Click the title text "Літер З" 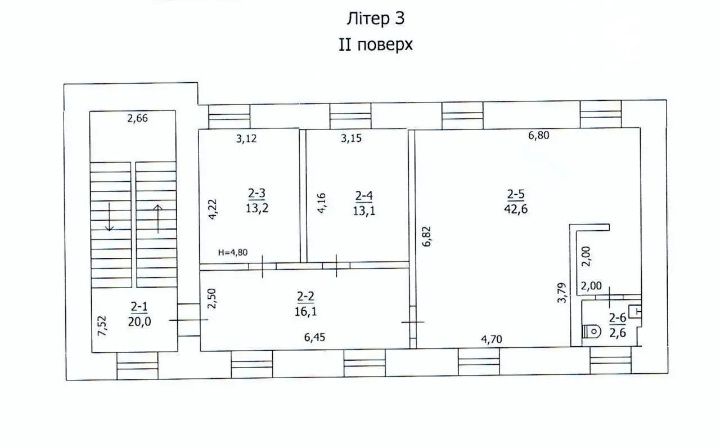pos(375,19)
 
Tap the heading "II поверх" pos(375,44)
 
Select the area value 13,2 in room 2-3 pos(257,208)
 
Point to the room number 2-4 pos(364,195)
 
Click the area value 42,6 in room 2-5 pos(516,209)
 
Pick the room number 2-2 pos(305,297)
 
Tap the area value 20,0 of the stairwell pos(139,321)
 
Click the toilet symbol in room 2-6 pos(592,331)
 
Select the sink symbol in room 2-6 pos(635,312)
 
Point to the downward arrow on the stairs pos(110,217)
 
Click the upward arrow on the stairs pos(158,219)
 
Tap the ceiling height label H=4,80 pos(233,253)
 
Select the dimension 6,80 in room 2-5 pos(539,136)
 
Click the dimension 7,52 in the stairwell pos(102,326)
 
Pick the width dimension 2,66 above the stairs pos(137,118)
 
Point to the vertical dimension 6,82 pos(426,236)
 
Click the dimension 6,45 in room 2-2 pos(314,337)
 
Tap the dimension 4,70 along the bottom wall pos(492,339)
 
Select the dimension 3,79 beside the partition pos(561,293)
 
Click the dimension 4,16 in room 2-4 pos(321,203)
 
